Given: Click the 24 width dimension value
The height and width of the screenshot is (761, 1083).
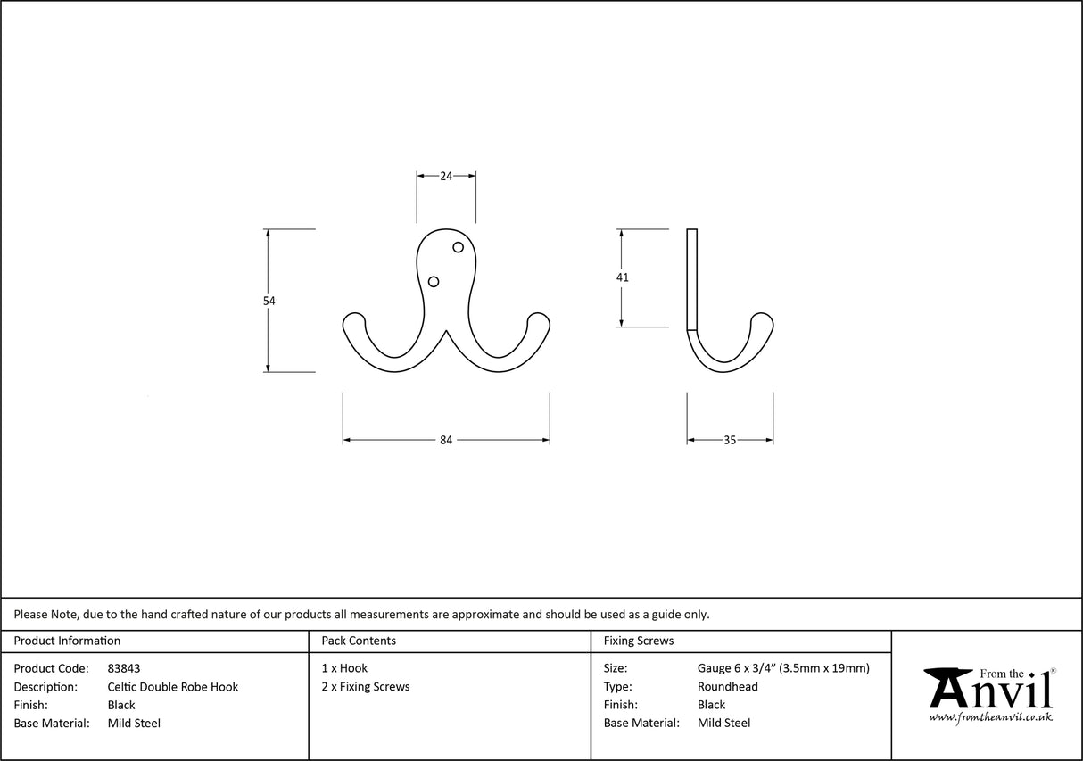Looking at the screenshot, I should (445, 176).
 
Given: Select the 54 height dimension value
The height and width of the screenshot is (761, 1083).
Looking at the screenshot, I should (269, 301).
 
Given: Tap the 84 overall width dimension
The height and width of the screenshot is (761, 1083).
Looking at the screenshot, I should (446, 440).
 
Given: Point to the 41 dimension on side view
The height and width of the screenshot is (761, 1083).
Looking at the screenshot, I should (622, 277).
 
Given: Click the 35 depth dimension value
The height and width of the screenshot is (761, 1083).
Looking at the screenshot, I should (730, 440).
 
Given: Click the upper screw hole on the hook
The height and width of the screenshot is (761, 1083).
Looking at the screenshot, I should (459, 247).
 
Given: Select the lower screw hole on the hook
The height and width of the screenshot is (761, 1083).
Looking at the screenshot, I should (434, 282).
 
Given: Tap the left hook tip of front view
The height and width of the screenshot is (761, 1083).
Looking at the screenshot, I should (354, 318).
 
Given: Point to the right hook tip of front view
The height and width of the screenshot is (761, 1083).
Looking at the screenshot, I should (539, 318).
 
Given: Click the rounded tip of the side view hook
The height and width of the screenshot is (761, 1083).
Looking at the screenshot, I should (762, 319).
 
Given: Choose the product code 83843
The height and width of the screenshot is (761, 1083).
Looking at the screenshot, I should (123, 668).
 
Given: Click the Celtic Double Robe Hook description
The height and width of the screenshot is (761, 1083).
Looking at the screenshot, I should (172, 687).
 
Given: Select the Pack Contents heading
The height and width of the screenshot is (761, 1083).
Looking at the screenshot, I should (359, 641).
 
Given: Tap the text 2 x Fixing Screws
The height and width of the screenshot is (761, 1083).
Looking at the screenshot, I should (366, 687).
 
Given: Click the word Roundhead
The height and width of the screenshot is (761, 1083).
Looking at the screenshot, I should (727, 687).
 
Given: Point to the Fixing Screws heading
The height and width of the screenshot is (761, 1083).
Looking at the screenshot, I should (639, 641).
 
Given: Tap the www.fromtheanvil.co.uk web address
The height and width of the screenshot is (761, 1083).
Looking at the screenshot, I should (990, 717).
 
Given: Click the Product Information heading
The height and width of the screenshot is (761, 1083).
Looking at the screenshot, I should (67, 641).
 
